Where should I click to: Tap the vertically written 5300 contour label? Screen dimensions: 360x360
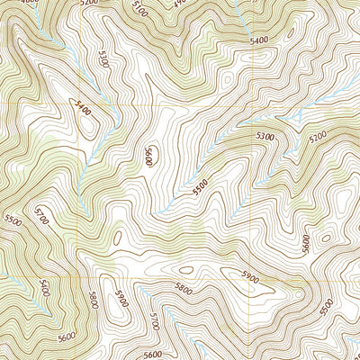tap(105, 62)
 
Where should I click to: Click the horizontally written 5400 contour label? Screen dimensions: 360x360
tap(259, 41)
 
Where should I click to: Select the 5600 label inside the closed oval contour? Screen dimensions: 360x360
tap(148, 156)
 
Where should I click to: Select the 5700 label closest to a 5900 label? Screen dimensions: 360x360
tap(154, 320)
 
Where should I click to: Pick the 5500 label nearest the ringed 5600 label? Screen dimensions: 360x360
tap(200, 186)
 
